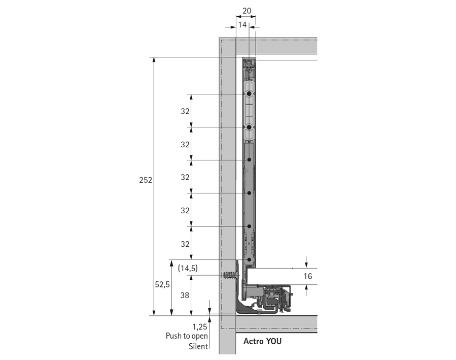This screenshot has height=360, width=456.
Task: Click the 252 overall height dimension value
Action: (x=146, y=180)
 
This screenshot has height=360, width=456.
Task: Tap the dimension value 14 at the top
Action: (x=242, y=25)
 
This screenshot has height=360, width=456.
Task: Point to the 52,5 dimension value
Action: (x=162, y=285)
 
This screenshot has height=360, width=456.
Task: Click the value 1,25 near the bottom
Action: (x=200, y=326)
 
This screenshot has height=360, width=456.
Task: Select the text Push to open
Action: (x=187, y=336)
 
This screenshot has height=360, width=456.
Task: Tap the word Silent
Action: (x=198, y=346)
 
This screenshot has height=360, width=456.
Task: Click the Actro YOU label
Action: (x=262, y=341)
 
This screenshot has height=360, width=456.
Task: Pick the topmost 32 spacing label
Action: (x=185, y=111)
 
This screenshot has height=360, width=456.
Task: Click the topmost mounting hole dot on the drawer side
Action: (x=249, y=94)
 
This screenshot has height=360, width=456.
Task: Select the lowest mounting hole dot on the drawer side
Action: (x=250, y=259)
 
